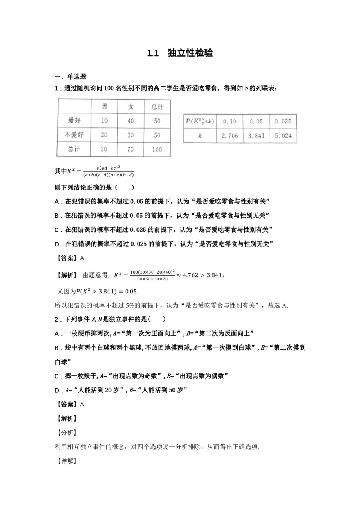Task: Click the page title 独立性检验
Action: (190, 53)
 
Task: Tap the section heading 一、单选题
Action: (70, 76)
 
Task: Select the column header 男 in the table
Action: (104, 107)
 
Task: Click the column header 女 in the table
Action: (131, 107)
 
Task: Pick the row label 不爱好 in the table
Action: (74, 135)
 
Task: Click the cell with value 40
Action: (131, 121)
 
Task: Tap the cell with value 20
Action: (104, 135)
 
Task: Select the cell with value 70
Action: (131, 149)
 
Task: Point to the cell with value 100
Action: (157, 149)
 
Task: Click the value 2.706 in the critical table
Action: (230, 136)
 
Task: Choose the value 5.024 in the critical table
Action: (283, 136)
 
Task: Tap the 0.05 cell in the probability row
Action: (256, 122)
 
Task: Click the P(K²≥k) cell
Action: (200, 122)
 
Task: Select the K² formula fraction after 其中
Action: (108, 171)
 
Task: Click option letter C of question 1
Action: (57, 230)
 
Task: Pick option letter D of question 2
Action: (57, 390)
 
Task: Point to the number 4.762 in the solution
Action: (192, 275)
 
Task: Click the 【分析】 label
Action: (65, 433)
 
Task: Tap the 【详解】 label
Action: (65, 461)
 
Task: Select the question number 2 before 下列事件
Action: (56, 319)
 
